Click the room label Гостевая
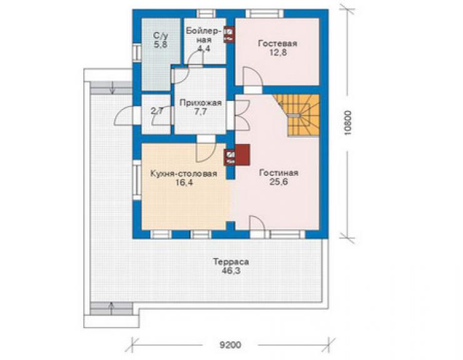pyautogui.click(x=278, y=43)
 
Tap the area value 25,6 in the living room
pyautogui.click(x=278, y=182)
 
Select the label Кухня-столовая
pyautogui.click(x=184, y=173)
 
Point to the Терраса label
pyautogui.click(x=231, y=262)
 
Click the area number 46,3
pyautogui.click(x=231, y=270)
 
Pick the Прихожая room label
pyautogui.click(x=200, y=103)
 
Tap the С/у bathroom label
pyautogui.click(x=161, y=36)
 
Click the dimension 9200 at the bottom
pyautogui.click(x=230, y=345)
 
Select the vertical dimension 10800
pyautogui.click(x=348, y=123)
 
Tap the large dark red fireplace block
pyautogui.click(x=242, y=155)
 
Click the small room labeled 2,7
pyautogui.click(x=156, y=114)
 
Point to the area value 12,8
pyautogui.click(x=278, y=53)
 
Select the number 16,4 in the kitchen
pyautogui.click(x=184, y=183)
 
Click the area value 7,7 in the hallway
pyautogui.click(x=200, y=112)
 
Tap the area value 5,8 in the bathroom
pyautogui.click(x=161, y=45)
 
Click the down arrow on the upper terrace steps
pyautogui.click(x=113, y=88)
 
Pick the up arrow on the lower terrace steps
pyautogui.click(x=111, y=309)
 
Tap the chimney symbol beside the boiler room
pyautogui.click(x=229, y=35)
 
